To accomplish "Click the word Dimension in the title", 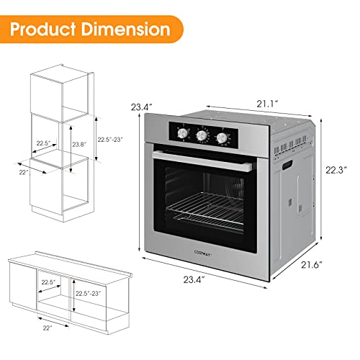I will tap(130, 30).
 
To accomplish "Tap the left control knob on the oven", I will tap(182, 135).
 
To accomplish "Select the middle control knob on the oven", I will tap(202, 135).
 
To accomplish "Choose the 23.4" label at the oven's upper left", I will tap(141, 107).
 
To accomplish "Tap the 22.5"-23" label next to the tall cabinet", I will tap(112, 140).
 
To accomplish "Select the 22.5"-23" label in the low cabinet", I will tap(90, 294).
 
